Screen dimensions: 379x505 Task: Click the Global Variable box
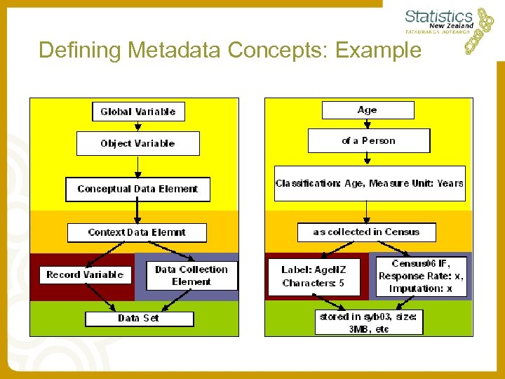(137, 112)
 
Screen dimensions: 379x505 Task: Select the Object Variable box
(137, 143)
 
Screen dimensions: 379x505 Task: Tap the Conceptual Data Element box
(137, 189)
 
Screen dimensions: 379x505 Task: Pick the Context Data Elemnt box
(137, 232)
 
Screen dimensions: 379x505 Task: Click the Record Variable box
(85, 274)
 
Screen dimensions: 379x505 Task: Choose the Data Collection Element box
(191, 275)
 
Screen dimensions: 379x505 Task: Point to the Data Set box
(139, 319)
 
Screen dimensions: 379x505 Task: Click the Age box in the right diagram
(368, 110)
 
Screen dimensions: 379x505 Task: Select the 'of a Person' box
(368, 141)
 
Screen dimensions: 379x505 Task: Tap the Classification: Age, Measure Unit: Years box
(370, 183)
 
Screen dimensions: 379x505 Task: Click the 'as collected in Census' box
(366, 232)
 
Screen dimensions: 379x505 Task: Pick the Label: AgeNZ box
(314, 277)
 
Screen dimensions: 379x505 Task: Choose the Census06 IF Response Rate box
(421, 276)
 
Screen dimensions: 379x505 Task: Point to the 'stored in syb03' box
(369, 322)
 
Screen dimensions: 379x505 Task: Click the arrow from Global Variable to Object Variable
(137, 126)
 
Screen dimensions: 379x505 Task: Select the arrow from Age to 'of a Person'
(368, 124)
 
